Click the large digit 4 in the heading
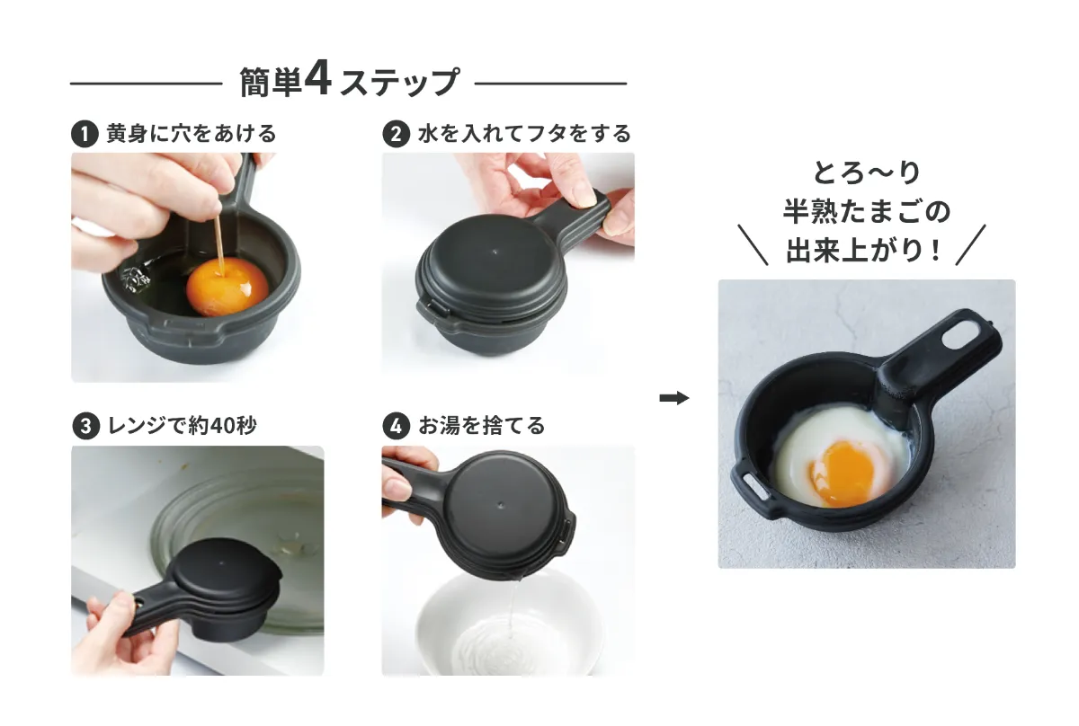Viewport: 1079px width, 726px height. point(318,77)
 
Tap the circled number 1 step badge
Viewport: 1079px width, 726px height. point(85,133)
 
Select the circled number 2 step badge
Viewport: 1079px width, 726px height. point(396,133)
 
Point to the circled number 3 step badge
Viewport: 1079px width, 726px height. point(85,426)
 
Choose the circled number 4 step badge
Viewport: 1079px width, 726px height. point(396,426)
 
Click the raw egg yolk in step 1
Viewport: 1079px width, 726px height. point(227,287)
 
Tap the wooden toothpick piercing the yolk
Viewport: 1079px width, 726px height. point(219,245)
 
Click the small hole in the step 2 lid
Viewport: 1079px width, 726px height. point(495,252)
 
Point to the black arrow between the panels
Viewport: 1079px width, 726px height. point(673,398)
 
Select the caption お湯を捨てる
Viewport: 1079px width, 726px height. point(481,426)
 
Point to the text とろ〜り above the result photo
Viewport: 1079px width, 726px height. point(867,173)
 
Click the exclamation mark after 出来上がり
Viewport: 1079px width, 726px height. point(936,251)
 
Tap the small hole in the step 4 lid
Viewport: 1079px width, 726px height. point(501,505)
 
